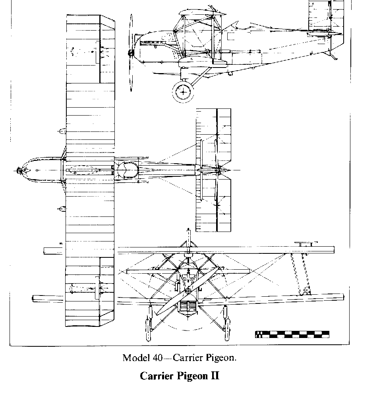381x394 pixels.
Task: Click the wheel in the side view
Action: [x=183, y=92]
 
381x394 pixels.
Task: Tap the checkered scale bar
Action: [x=292, y=334]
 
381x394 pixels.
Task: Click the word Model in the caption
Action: [x=135, y=357]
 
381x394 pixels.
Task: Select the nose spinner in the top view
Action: [x=20, y=170]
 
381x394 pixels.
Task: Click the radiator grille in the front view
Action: [x=188, y=307]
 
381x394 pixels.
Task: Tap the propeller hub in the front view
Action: [x=187, y=292]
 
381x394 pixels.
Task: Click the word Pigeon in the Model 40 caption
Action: [x=222, y=357]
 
